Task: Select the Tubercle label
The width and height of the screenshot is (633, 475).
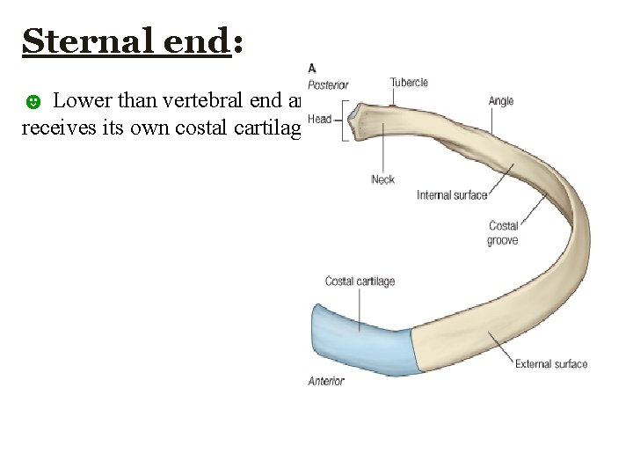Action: point(409,83)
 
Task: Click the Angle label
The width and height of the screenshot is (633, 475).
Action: point(501,101)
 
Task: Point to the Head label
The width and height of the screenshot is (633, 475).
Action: point(319,120)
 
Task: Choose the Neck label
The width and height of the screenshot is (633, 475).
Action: point(382,179)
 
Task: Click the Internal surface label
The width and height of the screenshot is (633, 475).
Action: point(452,195)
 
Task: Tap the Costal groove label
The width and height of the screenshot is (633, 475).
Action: point(503,233)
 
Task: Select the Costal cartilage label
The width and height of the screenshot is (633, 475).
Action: point(360,281)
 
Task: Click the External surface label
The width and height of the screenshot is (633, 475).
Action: point(551,364)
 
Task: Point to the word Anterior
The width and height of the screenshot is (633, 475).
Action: point(326,381)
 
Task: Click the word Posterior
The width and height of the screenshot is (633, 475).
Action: point(328,85)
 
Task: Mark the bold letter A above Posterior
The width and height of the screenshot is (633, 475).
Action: point(312,69)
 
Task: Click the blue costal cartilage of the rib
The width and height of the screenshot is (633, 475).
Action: point(365,339)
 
